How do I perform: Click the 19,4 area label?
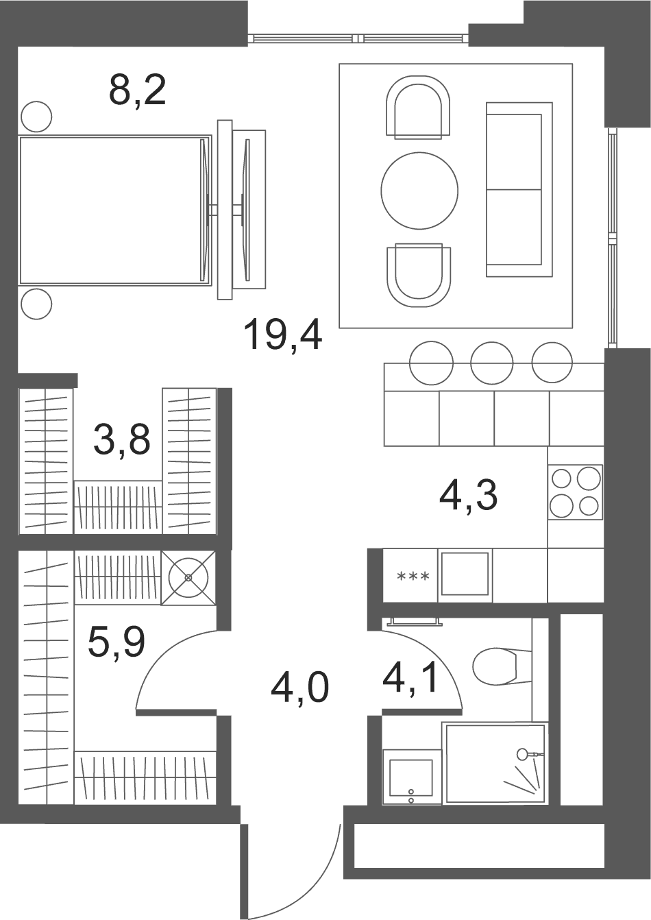283,337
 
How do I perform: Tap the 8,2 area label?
138,91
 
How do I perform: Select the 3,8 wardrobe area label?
122,440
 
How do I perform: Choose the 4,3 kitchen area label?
468,496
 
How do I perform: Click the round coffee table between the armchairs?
419,191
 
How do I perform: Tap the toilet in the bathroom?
502,666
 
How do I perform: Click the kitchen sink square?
465,574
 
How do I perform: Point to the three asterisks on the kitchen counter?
413,577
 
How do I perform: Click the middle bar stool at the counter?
492,363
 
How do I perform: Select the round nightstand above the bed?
36,117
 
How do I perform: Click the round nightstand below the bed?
36,304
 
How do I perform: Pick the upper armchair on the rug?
418,107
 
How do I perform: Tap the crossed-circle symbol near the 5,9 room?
188,577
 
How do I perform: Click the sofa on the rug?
519,189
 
